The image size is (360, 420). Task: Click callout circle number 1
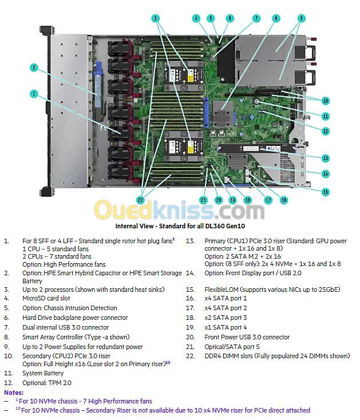[34, 93]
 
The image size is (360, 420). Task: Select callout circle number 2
[34, 68]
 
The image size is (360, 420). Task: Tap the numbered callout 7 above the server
[256, 18]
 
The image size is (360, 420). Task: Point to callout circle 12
[326, 131]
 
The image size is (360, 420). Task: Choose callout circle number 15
[326, 192]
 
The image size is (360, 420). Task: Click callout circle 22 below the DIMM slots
[140, 200]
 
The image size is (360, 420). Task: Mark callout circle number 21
[203, 200]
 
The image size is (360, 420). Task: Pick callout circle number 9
[301, 18]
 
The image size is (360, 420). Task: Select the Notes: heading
[14, 393]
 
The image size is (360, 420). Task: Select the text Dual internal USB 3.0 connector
[65, 327]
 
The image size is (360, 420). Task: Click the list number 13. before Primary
[190, 241]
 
